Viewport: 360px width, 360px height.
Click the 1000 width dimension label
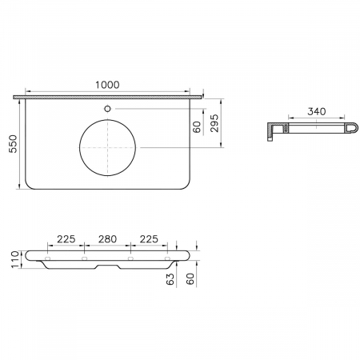tap(107, 85)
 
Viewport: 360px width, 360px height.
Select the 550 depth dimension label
tap(13, 144)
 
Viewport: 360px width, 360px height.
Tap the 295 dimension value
tap(214, 123)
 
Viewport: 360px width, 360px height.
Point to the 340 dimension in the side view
tap(317, 111)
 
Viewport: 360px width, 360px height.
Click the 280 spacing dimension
tap(107, 239)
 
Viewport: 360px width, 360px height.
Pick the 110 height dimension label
tap(15, 259)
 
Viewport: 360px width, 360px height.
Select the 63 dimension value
tap(170, 279)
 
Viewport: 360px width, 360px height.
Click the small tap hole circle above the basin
tap(107, 109)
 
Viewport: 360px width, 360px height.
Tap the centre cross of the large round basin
tap(107, 147)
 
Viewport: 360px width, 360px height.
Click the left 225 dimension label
tap(66, 239)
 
